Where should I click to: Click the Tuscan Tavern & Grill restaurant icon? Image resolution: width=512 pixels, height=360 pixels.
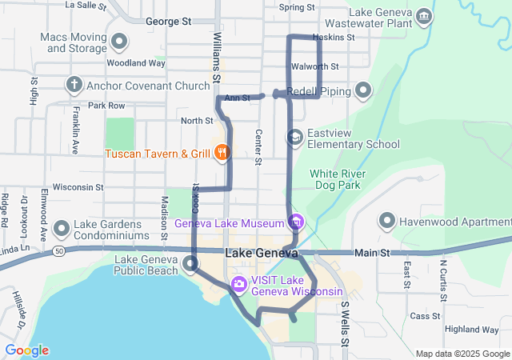(x=222, y=152)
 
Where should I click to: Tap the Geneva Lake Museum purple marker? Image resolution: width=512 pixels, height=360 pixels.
(x=296, y=222)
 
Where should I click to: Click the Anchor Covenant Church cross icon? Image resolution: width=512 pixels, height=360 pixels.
(x=74, y=85)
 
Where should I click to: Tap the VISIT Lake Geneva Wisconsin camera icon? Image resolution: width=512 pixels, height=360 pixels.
(x=239, y=284)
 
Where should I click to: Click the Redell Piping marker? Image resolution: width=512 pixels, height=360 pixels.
(x=363, y=91)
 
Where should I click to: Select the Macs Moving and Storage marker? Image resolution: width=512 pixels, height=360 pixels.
(x=120, y=42)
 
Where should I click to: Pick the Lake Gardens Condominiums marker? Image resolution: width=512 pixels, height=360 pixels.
(x=61, y=230)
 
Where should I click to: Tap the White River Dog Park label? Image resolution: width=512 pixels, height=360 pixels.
(x=338, y=179)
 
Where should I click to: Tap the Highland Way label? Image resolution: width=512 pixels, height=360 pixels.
(x=472, y=330)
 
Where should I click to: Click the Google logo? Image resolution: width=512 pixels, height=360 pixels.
(x=26, y=350)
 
